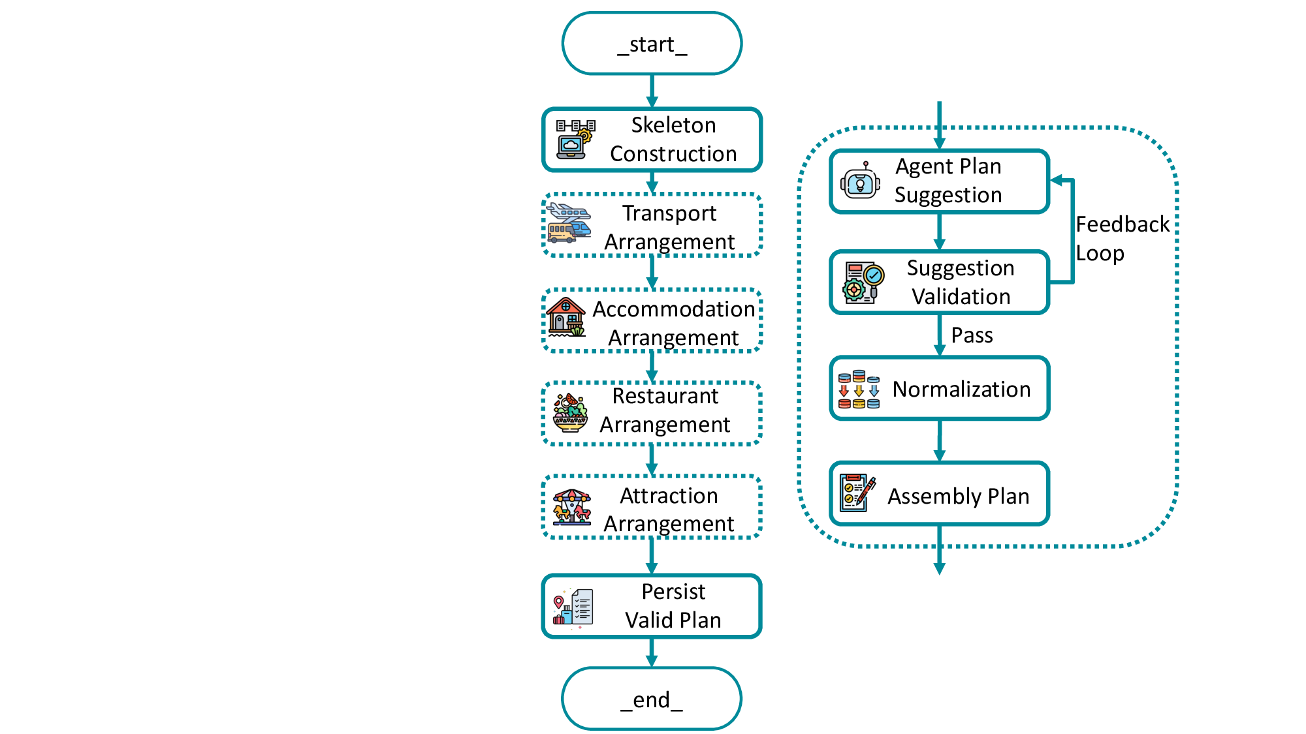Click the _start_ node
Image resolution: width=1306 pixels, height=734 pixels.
click(652, 44)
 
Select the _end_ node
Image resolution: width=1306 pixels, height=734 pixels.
click(652, 699)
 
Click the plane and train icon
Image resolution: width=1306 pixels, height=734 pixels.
click(569, 223)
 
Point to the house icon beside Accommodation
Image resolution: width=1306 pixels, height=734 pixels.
click(566, 318)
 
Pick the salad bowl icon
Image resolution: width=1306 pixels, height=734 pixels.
click(570, 412)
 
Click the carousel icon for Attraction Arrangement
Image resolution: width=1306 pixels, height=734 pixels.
click(572, 507)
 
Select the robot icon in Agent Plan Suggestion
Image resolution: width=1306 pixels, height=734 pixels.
click(860, 182)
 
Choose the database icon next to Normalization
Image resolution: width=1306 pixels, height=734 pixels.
click(859, 390)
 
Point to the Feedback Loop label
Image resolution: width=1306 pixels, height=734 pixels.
click(1122, 238)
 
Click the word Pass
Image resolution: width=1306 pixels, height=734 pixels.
click(972, 335)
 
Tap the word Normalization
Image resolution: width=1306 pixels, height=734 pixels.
click(961, 390)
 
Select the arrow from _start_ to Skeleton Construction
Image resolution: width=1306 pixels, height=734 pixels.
click(652, 91)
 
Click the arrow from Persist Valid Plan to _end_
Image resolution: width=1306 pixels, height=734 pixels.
click(652, 652)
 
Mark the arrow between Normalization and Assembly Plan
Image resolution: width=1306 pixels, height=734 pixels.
click(940, 441)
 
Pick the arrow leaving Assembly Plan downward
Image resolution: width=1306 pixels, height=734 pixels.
click(940, 551)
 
